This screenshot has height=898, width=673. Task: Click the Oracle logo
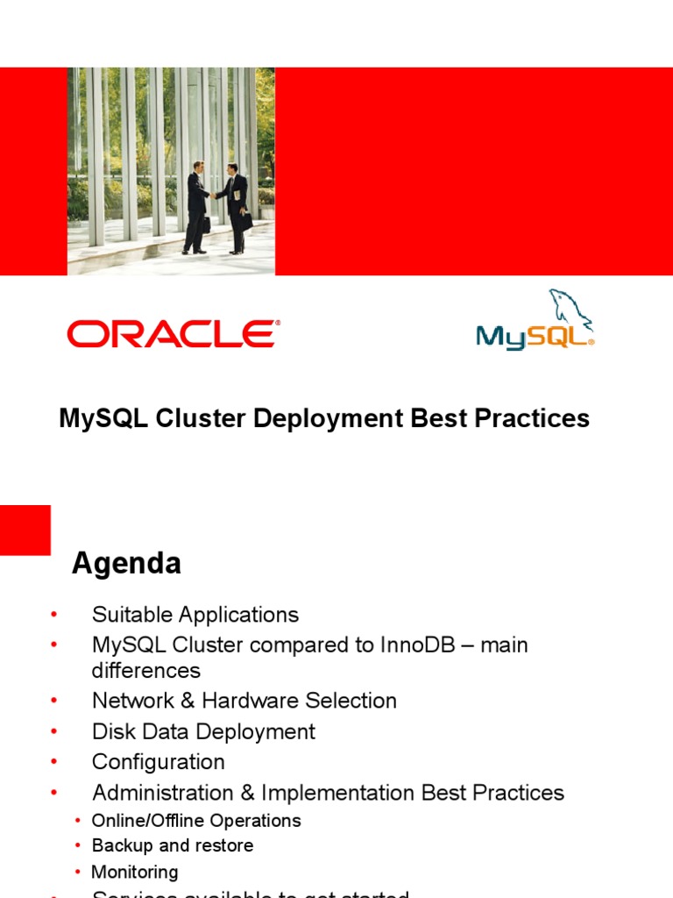click(x=173, y=334)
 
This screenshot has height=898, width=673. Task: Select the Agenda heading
click(x=126, y=563)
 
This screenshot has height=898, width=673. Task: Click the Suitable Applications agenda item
click(x=195, y=615)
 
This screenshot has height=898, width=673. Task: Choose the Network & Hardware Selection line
click(x=244, y=701)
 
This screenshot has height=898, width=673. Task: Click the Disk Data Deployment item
click(x=203, y=731)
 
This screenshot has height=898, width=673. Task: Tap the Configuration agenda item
click(x=158, y=762)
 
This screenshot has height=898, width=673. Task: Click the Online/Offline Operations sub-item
click(x=195, y=821)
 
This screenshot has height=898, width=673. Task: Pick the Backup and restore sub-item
click(x=172, y=846)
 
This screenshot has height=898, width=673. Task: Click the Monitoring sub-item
click(x=134, y=872)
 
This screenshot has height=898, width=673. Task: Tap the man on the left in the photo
click(x=196, y=206)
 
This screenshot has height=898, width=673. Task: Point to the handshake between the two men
click(x=215, y=195)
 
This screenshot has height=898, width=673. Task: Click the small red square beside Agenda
click(x=25, y=530)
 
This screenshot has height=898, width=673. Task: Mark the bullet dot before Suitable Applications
click(x=53, y=615)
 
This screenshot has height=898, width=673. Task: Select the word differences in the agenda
click(x=145, y=671)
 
